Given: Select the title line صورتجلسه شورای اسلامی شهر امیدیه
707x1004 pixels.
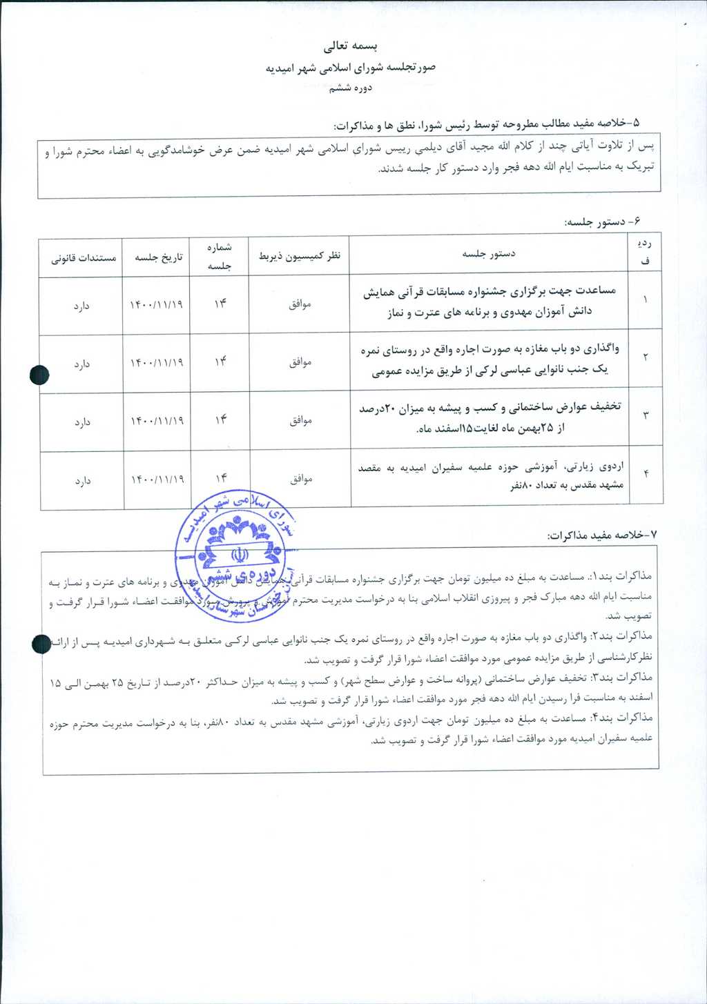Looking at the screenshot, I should pos(351,68).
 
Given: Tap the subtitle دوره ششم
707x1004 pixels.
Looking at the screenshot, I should pos(351,88).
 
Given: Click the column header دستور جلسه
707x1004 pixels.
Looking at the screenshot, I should pos(489,254).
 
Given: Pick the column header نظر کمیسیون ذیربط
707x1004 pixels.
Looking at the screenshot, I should pos(300,256).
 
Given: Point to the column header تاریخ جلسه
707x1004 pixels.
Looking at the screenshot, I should pos(158,257).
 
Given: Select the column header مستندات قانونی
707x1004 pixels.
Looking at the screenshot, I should pos(84,258).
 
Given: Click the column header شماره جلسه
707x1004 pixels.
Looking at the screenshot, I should pos(220,256).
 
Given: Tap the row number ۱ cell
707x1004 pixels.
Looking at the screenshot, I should pos(646,300).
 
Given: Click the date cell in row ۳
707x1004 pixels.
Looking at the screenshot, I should pos(157,421).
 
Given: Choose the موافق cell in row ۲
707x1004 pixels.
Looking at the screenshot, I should pos(300,362).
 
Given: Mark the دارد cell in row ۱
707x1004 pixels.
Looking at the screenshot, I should pos(82,305).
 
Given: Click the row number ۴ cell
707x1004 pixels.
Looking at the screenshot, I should pos(646,474).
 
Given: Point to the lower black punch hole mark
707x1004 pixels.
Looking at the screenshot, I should pos(41,643).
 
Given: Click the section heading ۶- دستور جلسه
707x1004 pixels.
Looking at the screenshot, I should pos(603,222).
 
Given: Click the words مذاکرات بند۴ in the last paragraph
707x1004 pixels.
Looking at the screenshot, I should pos(627,718).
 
